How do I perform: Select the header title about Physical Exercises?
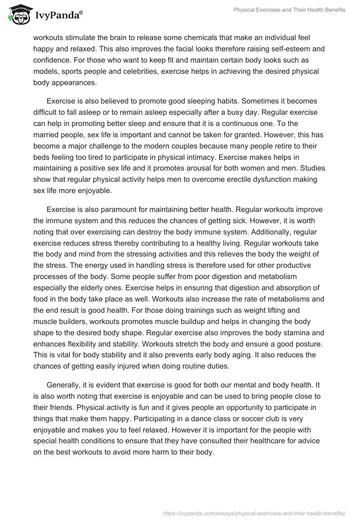click(289, 10)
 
